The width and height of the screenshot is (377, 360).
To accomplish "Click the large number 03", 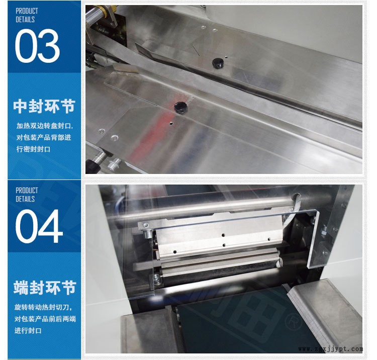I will pyautogui.click(x=38, y=47).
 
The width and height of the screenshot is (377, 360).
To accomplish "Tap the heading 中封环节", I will pyautogui.click(x=44, y=107).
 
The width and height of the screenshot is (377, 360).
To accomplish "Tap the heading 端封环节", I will pyautogui.click(x=44, y=288).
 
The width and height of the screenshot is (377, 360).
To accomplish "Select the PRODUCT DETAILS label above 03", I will pyautogui.click(x=26, y=15).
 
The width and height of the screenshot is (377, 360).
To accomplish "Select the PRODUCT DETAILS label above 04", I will pyautogui.click(x=27, y=195).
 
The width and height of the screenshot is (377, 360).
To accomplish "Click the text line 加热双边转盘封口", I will pyautogui.click(x=44, y=126).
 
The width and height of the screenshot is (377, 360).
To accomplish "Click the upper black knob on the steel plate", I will pyautogui.click(x=217, y=63).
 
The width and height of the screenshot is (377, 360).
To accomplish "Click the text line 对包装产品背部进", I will pyautogui.click(x=44, y=137).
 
